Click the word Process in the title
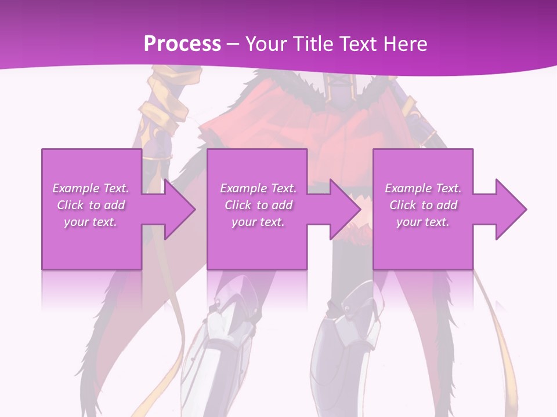point(182,44)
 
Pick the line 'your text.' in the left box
point(91,222)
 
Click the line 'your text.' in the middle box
point(258,222)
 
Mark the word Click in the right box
point(403,205)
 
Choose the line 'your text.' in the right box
point(423,222)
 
